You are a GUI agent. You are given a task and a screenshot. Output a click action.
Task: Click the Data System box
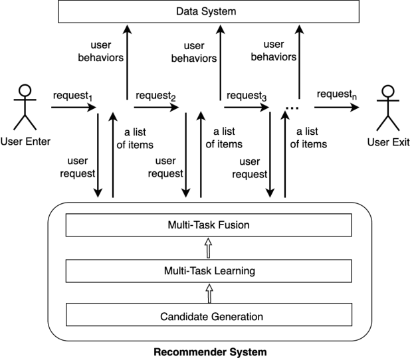(206, 11)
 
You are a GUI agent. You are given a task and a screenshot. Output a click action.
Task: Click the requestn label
(336, 96)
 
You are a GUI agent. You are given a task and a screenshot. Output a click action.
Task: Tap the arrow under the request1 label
(72, 106)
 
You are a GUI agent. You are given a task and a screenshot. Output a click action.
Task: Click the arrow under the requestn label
(336, 106)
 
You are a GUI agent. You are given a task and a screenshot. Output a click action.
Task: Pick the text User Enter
(25, 141)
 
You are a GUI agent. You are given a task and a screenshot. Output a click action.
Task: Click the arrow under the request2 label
(156, 106)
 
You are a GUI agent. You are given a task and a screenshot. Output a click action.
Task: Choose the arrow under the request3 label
(247, 106)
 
